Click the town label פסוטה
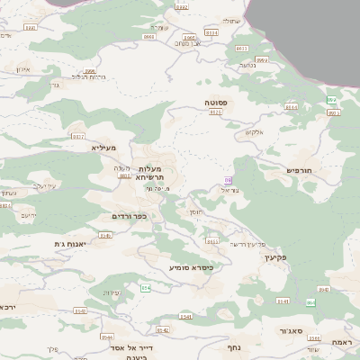tap(216, 103)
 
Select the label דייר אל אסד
tap(129, 347)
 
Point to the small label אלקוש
tap(254, 133)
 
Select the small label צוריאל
tap(228, 191)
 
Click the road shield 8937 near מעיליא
tap(77, 136)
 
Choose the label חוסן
tap(196, 210)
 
